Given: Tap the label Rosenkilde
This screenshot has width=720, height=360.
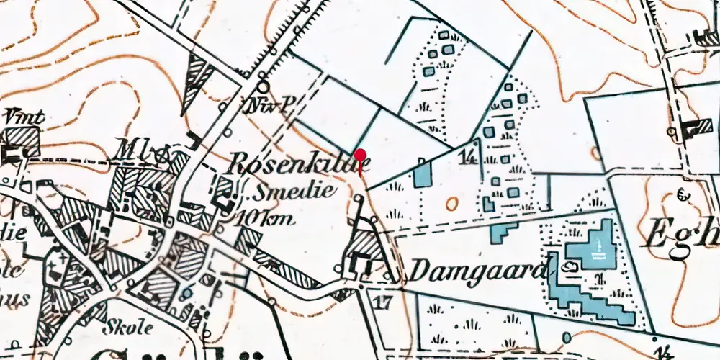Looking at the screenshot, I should click(x=299, y=164).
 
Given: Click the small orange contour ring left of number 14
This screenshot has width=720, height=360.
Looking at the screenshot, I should click(x=451, y=204).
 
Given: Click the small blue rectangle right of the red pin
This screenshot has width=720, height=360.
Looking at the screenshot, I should click(x=422, y=175).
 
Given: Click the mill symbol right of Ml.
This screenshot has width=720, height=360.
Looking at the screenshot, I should click(x=163, y=152).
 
